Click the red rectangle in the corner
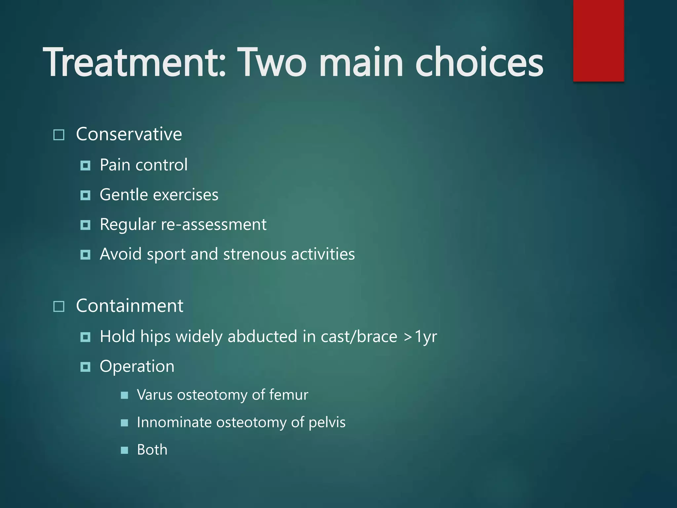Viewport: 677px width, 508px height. (598, 40)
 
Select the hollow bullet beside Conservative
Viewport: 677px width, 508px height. (59, 135)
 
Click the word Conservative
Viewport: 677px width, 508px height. (129, 134)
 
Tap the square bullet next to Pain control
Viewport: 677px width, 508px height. (85, 165)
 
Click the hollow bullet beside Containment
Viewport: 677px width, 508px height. (59, 307)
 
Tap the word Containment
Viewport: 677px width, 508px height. (130, 306)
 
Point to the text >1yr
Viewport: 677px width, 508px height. (420, 337)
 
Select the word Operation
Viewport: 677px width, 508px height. (137, 366)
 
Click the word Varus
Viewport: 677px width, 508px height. (154, 395)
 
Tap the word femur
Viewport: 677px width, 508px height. (289, 395)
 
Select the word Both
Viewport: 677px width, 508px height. (152, 450)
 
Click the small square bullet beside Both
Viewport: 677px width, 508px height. (124, 450)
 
